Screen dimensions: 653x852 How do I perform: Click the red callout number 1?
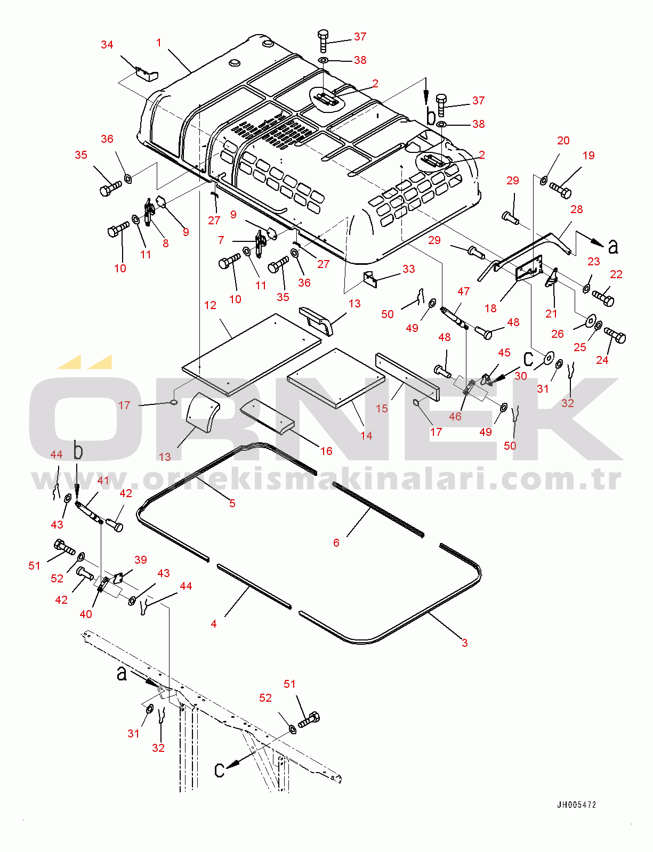158,42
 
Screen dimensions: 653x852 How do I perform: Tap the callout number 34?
107,45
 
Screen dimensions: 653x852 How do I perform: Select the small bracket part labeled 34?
147,74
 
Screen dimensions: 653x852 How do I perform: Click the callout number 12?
210,305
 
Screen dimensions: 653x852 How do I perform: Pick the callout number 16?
326,451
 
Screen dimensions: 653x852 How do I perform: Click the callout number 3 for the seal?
465,643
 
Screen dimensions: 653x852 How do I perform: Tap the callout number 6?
336,542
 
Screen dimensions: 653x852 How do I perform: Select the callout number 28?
577,209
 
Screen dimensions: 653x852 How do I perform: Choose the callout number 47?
464,291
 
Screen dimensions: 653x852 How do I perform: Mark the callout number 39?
140,559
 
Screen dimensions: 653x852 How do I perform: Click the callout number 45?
504,353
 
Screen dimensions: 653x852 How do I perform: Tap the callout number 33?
409,269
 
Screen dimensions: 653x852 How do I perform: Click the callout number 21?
551,313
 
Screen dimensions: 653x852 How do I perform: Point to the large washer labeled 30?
549,357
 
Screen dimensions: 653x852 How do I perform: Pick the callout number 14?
366,435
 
